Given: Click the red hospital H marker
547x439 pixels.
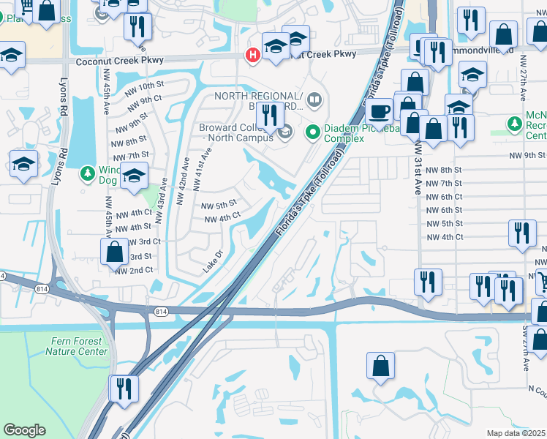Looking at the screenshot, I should pos(253,54).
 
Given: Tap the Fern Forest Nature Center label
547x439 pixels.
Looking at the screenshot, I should pos(76,346).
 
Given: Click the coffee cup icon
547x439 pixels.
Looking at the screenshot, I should pos(379,112).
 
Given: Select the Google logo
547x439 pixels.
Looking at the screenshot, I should pos(24,430).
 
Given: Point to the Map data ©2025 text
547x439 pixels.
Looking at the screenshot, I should pos(516,433).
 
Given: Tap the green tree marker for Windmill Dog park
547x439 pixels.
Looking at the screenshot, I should pos(87,174).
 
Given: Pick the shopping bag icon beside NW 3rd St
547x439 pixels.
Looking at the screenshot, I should pos(115,252).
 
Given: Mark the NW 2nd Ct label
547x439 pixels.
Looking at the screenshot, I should pos(134,270).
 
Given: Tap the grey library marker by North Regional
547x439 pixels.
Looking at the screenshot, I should pos(314,98).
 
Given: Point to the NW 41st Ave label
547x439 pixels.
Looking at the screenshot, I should pos(201,170).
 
